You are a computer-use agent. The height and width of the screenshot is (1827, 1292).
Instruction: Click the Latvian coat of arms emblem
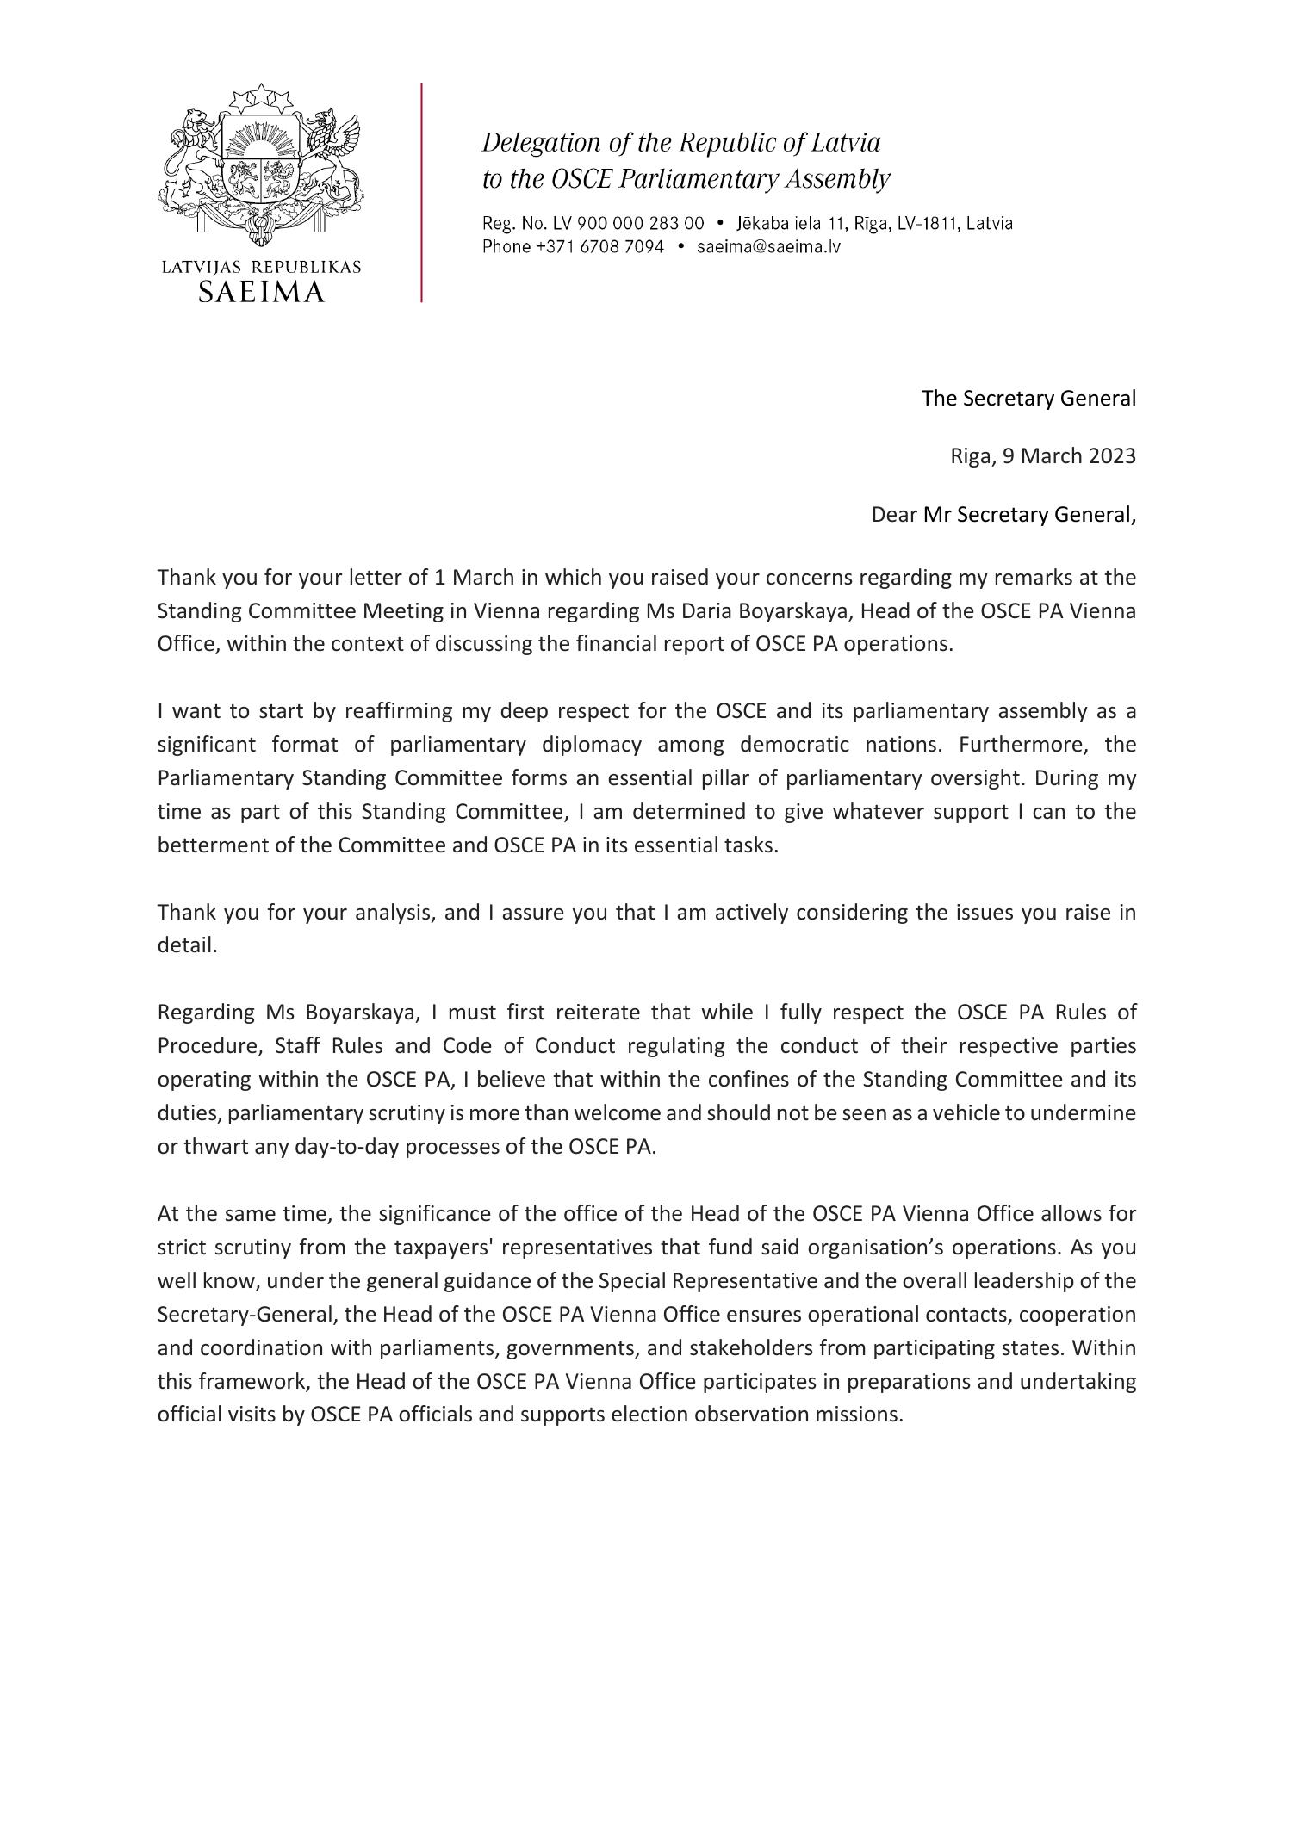coord(259,164)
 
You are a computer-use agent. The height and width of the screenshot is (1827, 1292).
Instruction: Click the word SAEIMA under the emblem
coord(261,292)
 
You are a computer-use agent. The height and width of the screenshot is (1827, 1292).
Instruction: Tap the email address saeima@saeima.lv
coord(768,247)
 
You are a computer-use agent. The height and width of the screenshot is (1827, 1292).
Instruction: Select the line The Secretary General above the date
coord(1028,399)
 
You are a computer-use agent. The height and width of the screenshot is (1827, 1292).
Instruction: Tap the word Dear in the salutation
coord(894,515)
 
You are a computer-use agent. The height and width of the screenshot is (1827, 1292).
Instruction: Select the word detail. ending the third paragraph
coord(187,945)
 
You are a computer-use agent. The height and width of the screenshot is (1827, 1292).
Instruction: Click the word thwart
coord(214,1148)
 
